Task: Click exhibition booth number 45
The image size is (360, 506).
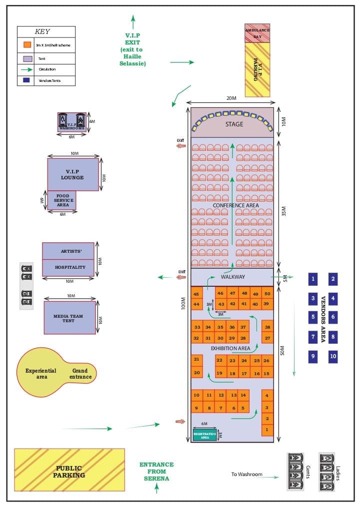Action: coord(196,294)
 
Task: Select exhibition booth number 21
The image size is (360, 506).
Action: coord(196,359)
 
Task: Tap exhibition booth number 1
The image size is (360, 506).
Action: coord(267,429)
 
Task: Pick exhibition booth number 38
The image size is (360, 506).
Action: coord(267,327)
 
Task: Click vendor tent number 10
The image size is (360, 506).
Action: coord(333,357)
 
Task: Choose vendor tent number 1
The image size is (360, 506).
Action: coord(313,279)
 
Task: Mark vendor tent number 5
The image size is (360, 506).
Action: coord(313,316)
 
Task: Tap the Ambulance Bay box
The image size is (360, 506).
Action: coord(257,33)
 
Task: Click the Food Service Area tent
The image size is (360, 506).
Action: coord(62,200)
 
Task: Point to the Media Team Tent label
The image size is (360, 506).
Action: coord(69,318)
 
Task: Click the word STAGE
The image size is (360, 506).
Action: coord(234,124)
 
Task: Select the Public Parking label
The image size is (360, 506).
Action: coord(69,472)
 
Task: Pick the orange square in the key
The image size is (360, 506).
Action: coord(27,45)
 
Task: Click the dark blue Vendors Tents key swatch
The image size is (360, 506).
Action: coord(27,80)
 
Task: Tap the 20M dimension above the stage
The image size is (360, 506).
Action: coord(231,98)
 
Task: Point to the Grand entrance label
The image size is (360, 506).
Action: coord(82,374)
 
